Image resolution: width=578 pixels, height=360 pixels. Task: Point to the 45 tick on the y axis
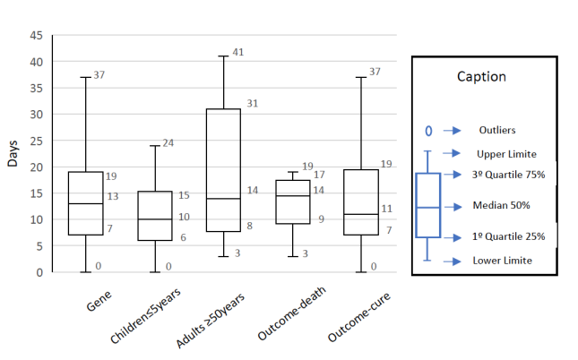point(37,36)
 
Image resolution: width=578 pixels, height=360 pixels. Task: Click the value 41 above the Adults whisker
point(237,52)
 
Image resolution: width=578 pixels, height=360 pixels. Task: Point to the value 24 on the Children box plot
point(168,143)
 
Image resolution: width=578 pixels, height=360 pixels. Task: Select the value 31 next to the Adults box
point(252,104)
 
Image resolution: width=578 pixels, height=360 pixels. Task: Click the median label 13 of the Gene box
point(113,196)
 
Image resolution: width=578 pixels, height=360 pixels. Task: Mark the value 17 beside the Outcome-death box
point(320,175)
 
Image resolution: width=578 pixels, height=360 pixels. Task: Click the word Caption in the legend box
point(482,76)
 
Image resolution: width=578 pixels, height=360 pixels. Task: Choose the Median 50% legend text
point(501,205)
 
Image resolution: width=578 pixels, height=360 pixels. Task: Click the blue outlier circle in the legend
point(428,132)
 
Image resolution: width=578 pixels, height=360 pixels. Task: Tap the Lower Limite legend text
point(502,261)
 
